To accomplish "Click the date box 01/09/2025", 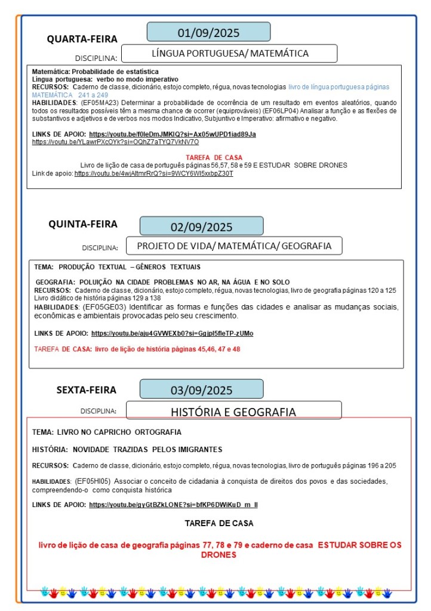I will (208, 32).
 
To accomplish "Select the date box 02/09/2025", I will (201, 226).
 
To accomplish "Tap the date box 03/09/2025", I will (201, 391).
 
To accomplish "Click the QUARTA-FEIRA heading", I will (82, 39).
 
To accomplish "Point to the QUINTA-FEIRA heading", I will (83, 225).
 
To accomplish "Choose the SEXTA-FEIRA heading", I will (87, 390).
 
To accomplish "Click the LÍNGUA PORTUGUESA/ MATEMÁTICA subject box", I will (230, 53).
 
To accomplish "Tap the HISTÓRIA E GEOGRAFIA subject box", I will (233, 412).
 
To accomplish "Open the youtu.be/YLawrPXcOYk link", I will (115, 142).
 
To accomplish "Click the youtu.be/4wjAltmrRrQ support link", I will (153, 173).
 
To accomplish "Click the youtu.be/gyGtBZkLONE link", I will (173, 505).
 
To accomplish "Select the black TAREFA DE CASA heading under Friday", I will (219, 523).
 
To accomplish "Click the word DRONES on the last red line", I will (219, 555).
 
